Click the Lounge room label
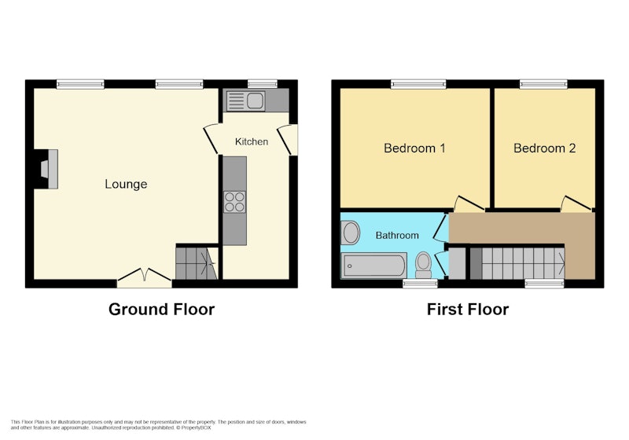click(126, 184)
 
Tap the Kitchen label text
click(252, 141)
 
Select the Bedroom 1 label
click(414, 148)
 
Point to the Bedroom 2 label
click(544, 148)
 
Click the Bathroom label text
click(397, 235)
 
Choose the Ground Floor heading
click(162, 310)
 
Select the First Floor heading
click(468, 310)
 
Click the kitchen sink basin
click(255, 101)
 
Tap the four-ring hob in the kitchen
click(234, 202)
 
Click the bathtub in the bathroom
click(374, 266)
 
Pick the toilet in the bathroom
click(423, 265)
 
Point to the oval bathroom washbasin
click(350, 233)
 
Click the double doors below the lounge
click(145, 277)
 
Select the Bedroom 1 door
click(468, 203)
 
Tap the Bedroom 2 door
click(576, 203)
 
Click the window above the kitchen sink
click(263, 84)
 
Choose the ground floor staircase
click(197, 263)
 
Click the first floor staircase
click(517, 263)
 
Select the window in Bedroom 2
click(543, 84)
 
